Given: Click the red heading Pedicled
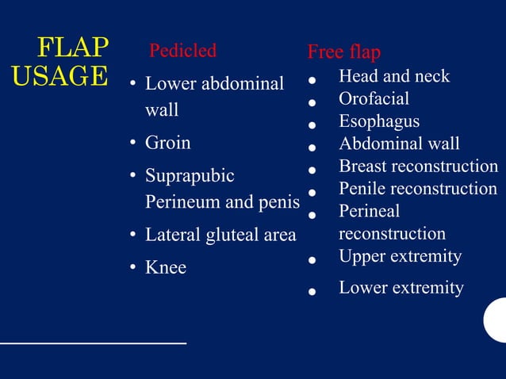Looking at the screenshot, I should [x=182, y=51].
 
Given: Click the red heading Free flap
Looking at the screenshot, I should [x=343, y=52].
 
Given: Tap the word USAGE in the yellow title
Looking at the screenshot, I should [x=60, y=76].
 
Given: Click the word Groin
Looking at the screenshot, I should [x=167, y=144].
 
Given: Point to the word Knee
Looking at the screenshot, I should [x=165, y=268].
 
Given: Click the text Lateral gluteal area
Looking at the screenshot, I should [x=220, y=235].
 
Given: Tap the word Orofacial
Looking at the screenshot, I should [x=374, y=99].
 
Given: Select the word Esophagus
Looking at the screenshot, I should [x=379, y=121].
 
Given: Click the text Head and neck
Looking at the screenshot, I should [x=393, y=77].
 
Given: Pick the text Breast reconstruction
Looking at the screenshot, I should [x=418, y=167].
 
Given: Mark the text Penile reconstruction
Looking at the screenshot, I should [x=418, y=189].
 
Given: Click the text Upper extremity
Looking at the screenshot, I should [x=400, y=257].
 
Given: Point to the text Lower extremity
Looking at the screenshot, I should [x=401, y=287].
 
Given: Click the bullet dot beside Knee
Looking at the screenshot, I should [x=134, y=269].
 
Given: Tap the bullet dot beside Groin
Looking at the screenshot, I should [x=134, y=144].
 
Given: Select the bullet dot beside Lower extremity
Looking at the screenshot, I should [x=313, y=291].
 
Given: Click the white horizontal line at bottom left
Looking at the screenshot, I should [x=93, y=343].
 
